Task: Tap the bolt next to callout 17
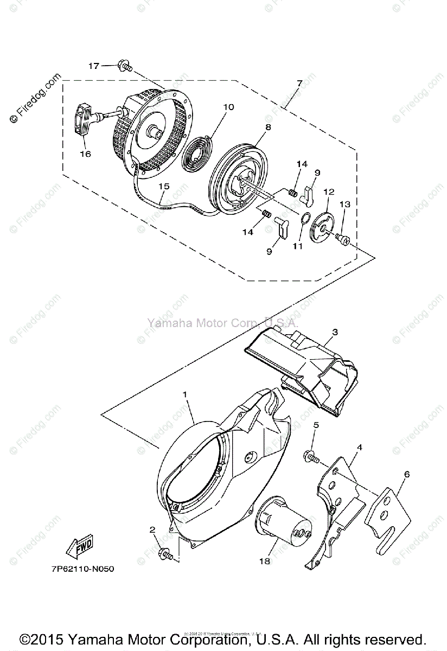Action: pos(125,67)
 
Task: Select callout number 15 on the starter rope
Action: pos(163,186)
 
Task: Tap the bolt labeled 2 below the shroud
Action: pos(164,554)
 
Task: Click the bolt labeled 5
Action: pos(311,457)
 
